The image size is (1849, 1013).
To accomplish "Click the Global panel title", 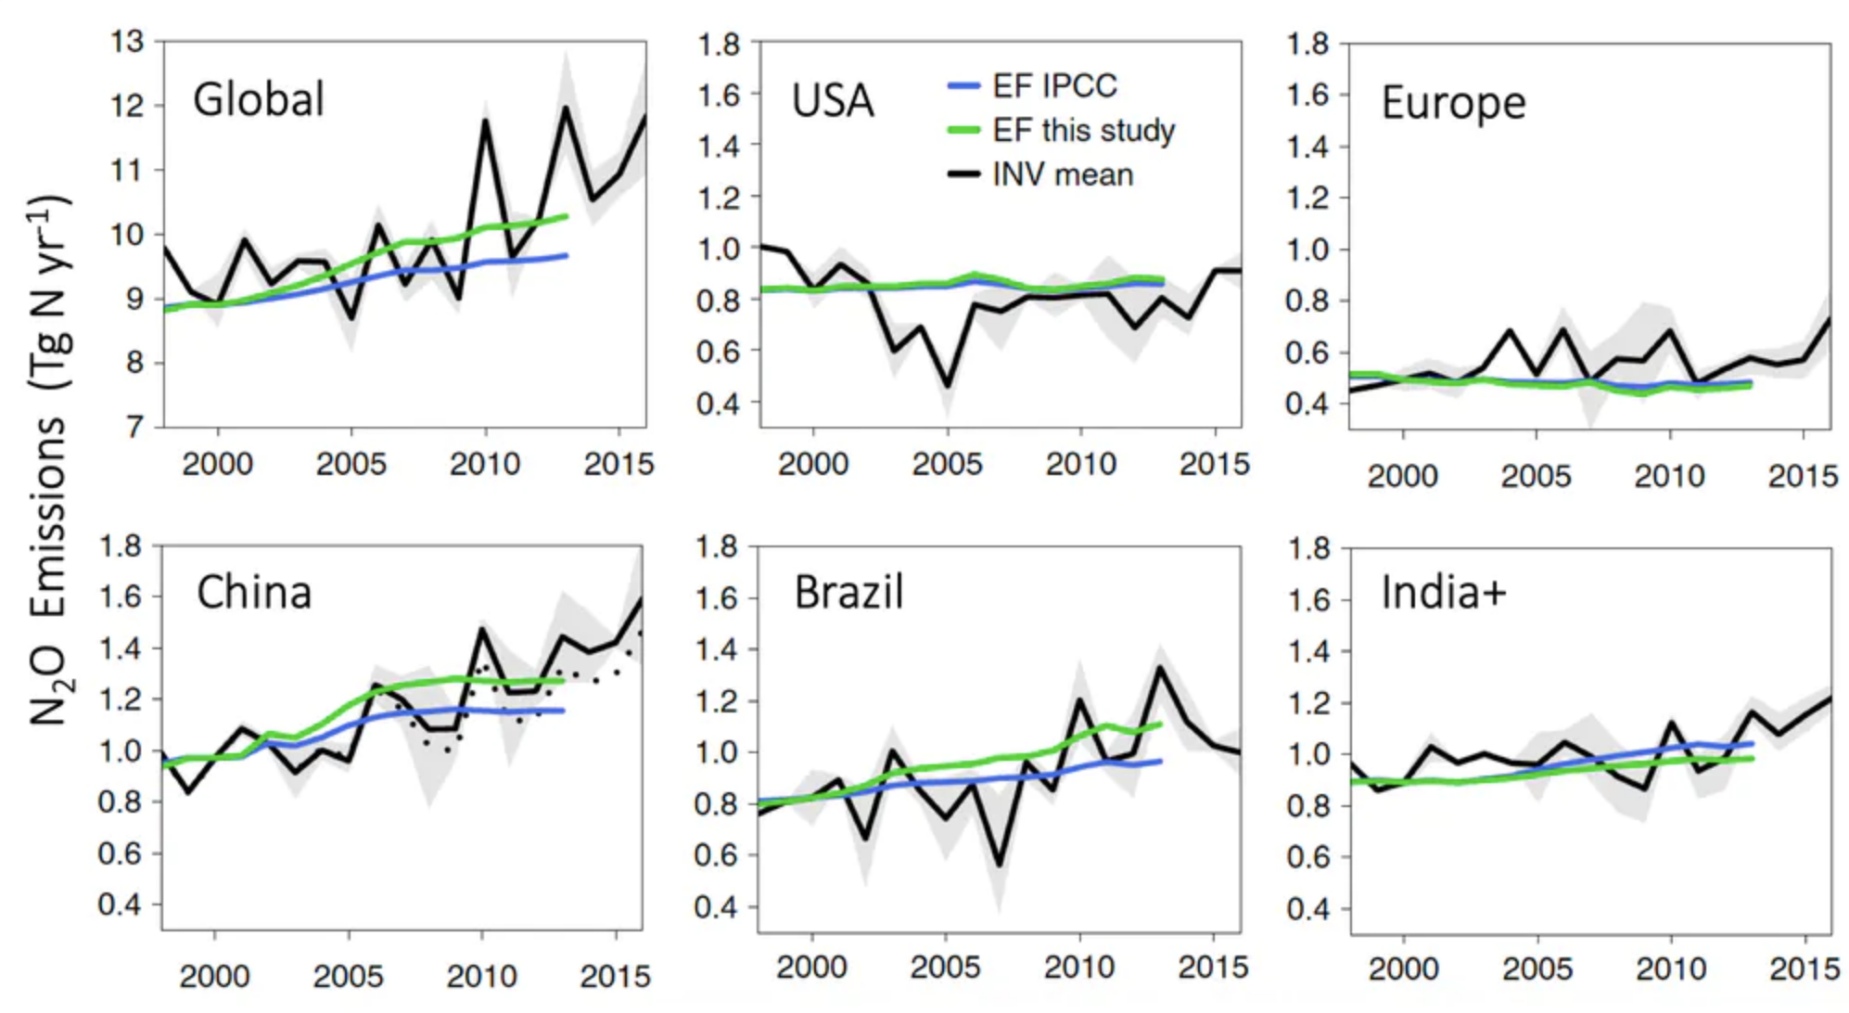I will [259, 99].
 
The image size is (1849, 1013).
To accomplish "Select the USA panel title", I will [832, 101].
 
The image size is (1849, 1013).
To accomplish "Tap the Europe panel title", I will [1453, 103].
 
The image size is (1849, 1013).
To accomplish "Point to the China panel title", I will [254, 592].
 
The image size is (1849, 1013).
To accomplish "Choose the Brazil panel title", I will [848, 592].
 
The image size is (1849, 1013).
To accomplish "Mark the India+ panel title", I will [1443, 592].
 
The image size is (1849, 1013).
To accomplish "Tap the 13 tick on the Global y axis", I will [127, 42].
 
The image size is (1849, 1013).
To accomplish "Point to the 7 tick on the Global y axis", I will [135, 427].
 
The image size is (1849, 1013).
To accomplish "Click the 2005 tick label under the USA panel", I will [947, 464].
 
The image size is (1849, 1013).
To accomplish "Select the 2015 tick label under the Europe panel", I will [1803, 476].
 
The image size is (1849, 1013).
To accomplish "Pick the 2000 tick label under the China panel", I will [214, 976].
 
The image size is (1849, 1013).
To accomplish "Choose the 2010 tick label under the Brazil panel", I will [1078, 968].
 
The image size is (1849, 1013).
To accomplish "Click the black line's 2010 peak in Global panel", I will [485, 121].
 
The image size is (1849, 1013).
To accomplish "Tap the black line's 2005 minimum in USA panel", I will [948, 385].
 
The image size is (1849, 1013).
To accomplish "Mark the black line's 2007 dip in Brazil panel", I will [999, 865].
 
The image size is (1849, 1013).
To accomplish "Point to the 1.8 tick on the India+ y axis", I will [1307, 548].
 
